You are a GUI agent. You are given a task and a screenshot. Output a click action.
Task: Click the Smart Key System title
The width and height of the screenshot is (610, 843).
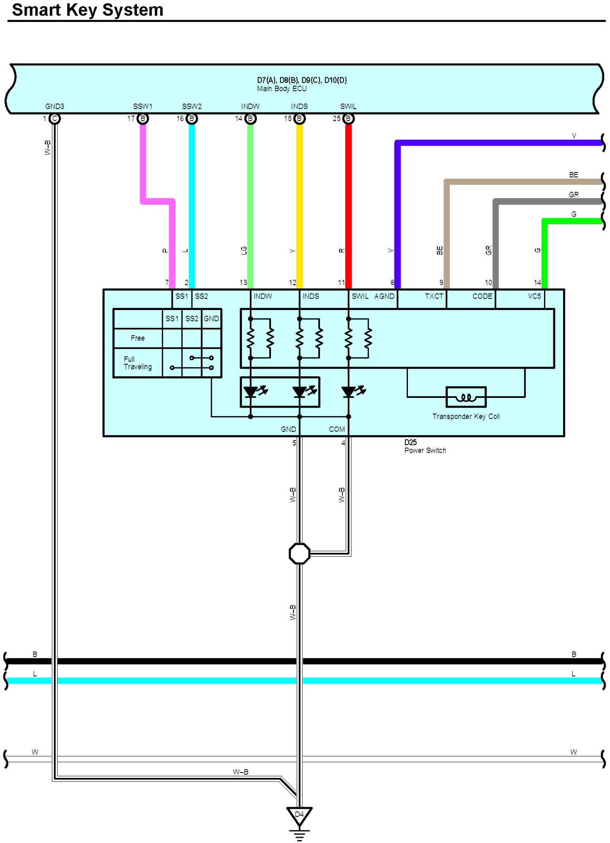88,10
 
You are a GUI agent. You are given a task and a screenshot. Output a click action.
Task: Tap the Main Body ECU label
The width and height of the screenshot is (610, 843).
282,89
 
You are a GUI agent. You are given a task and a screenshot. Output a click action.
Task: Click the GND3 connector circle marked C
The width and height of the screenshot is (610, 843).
55,119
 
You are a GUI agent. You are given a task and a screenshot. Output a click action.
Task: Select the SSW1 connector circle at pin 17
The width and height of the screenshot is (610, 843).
143,119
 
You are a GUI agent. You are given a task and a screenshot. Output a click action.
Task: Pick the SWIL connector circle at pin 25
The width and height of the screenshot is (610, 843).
348,119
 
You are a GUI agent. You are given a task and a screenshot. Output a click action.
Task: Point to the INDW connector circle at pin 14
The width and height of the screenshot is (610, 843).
250,119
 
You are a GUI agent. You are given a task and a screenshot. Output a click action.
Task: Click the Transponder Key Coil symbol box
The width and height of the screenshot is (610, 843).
466,397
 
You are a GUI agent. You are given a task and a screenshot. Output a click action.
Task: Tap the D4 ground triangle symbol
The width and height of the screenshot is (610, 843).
299,816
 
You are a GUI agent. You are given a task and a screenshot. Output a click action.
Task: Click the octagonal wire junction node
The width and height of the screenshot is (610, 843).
299,553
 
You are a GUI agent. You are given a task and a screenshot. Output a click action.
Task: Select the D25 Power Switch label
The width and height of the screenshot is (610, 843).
424,446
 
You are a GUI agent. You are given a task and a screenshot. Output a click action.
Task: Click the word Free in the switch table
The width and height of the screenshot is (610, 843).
138,338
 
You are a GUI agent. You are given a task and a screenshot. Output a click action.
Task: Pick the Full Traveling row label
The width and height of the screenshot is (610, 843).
137,363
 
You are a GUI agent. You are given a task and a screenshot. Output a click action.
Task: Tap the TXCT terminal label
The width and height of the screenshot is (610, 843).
434,296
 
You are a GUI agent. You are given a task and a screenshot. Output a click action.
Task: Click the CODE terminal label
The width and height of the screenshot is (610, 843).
482,296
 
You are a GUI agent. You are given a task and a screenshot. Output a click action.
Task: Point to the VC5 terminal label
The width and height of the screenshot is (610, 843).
534,296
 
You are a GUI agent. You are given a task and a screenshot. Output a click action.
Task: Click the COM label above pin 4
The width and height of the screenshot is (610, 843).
337,430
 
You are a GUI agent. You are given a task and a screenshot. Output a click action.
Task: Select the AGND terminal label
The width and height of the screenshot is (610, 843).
384,296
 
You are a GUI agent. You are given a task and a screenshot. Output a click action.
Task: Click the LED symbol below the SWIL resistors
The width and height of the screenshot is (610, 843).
349,392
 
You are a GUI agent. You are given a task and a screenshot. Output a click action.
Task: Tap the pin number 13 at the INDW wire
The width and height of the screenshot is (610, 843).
243,283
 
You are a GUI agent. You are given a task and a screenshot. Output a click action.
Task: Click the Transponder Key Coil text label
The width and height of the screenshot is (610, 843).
466,417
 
